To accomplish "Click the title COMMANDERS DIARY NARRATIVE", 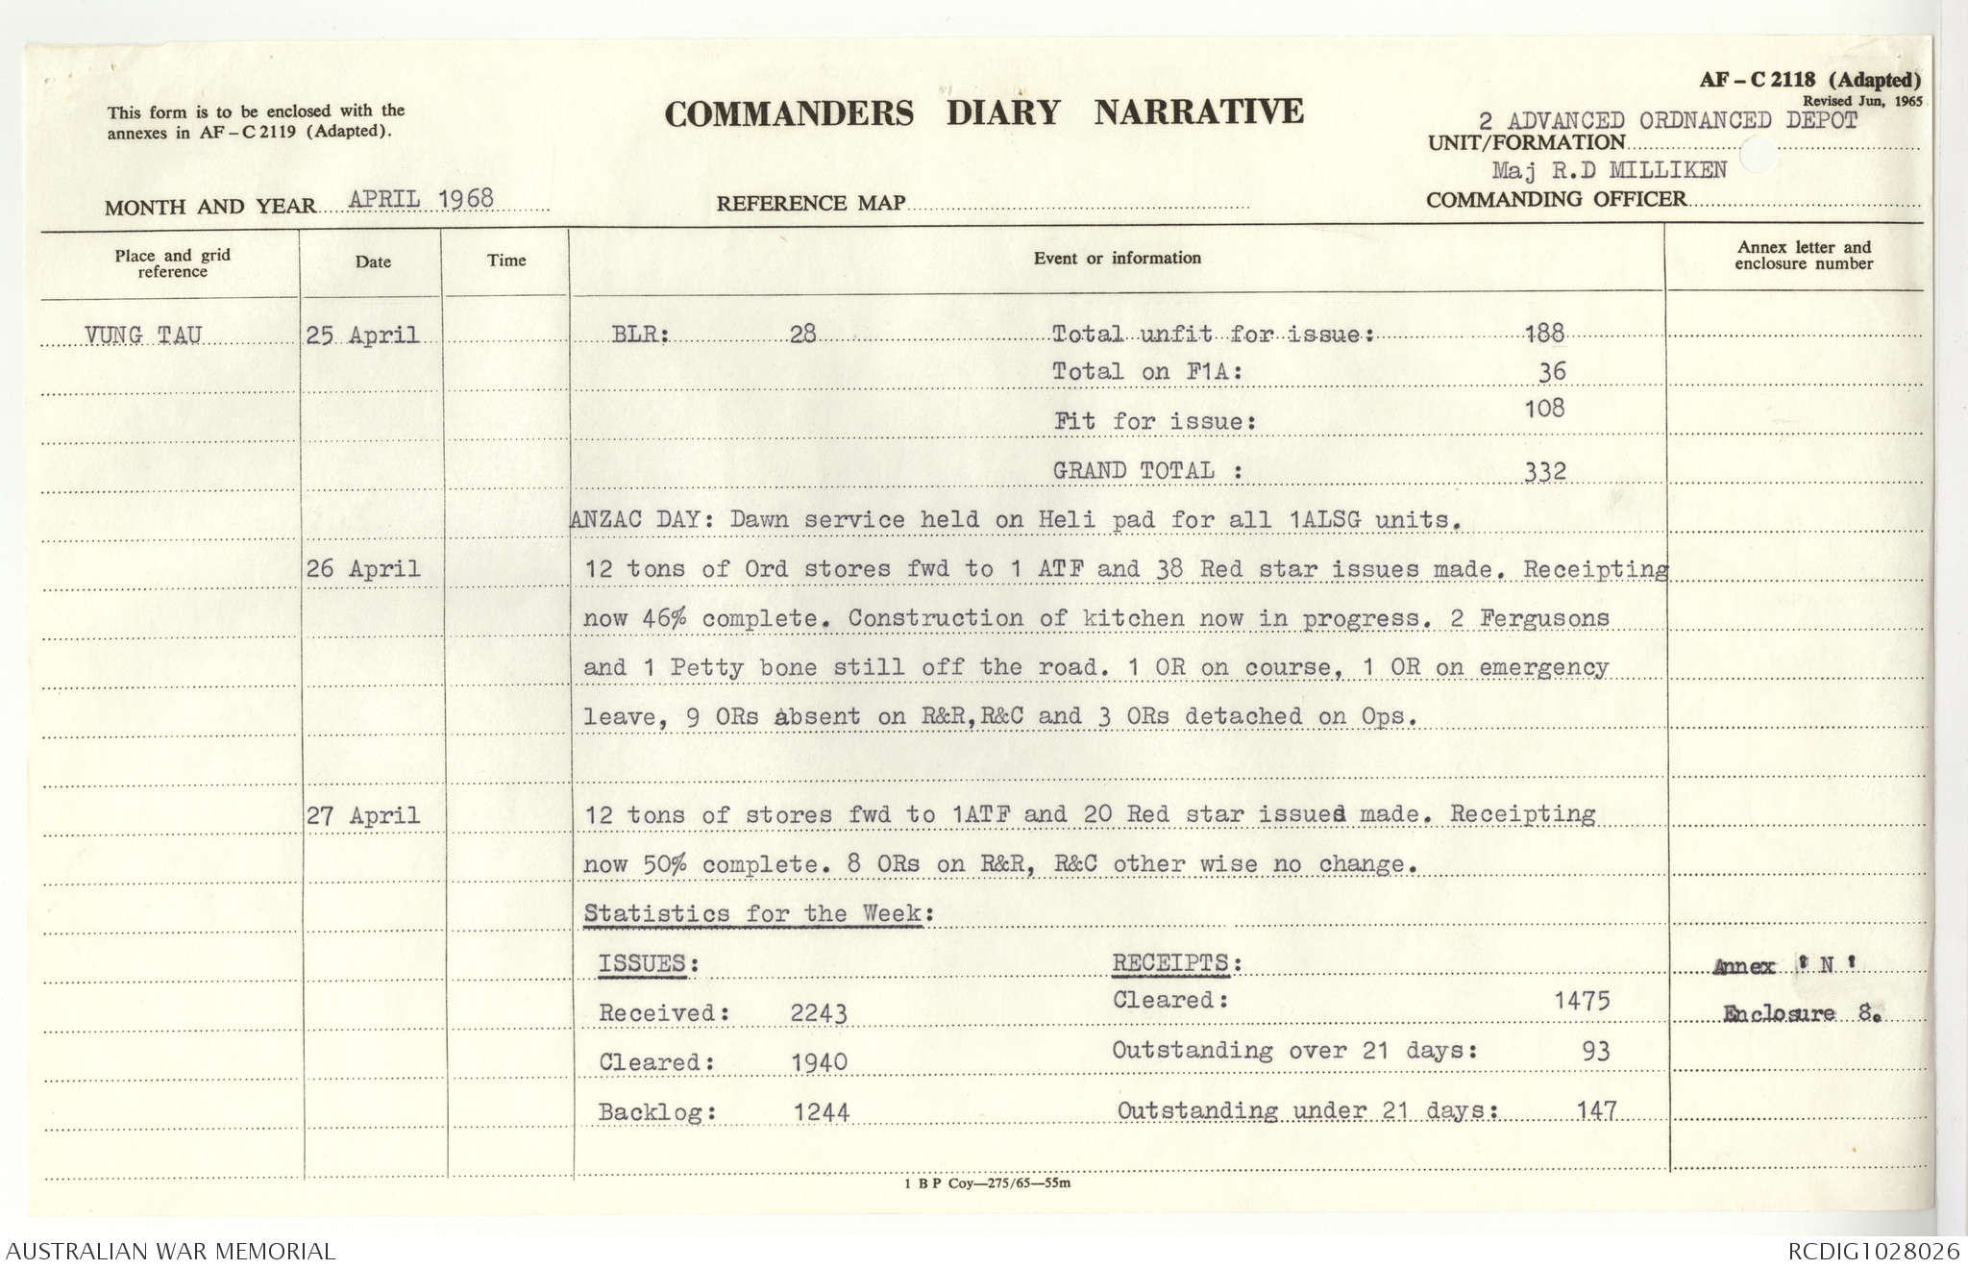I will click(x=983, y=113).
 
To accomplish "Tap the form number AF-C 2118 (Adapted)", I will click(x=1809, y=81).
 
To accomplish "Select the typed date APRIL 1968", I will click(x=421, y=199).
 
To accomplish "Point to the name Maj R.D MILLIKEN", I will click(x=1609, y=170).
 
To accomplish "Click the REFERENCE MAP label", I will click(x=810, y=203).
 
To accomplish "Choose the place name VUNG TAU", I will click(x=143, y=336).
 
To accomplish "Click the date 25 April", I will click(x=362, y=336).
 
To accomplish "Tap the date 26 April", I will click(x=363, y=568).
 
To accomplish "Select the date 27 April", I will click(x=363, y=815).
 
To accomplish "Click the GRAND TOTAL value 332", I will click(x=1545, y=471).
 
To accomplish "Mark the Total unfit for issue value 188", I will click(x=1544, y=334).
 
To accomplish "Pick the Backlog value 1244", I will click(x=821, y=1112).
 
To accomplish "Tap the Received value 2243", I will click(x=819, y=1012).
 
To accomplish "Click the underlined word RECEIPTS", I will click(x=1170, y=962).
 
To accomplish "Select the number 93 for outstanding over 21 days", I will click(x=1595, y=1051).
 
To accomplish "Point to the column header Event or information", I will click(x=1117, y=258).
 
